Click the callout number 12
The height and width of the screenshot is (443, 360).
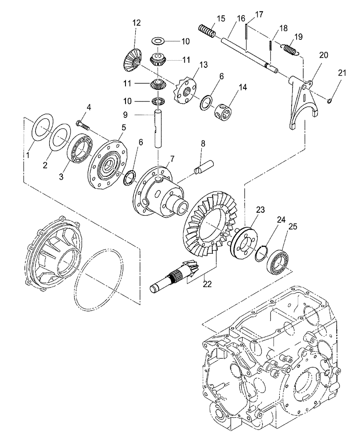[x=136, y=22]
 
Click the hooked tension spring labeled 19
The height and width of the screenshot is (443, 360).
[x=291, y=47]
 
